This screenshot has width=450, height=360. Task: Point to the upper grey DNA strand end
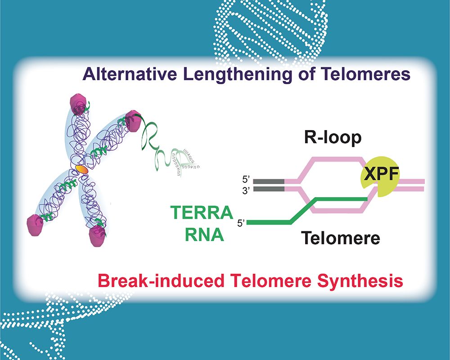(269, 181)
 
